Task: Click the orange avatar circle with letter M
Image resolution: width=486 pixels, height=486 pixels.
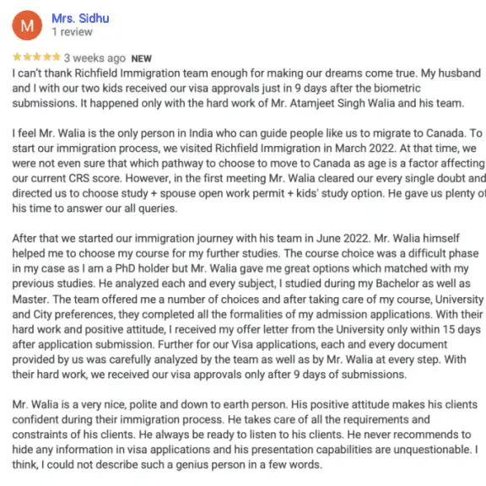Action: (27, 25)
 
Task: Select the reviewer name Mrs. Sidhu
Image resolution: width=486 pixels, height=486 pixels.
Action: (80, 18)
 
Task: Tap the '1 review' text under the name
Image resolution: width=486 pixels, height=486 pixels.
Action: (74, 32)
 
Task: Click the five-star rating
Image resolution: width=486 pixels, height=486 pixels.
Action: (36, 58)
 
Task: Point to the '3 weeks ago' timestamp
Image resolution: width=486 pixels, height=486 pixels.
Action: (94, 58)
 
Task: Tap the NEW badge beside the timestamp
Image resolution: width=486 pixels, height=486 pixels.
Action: (142, 58)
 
